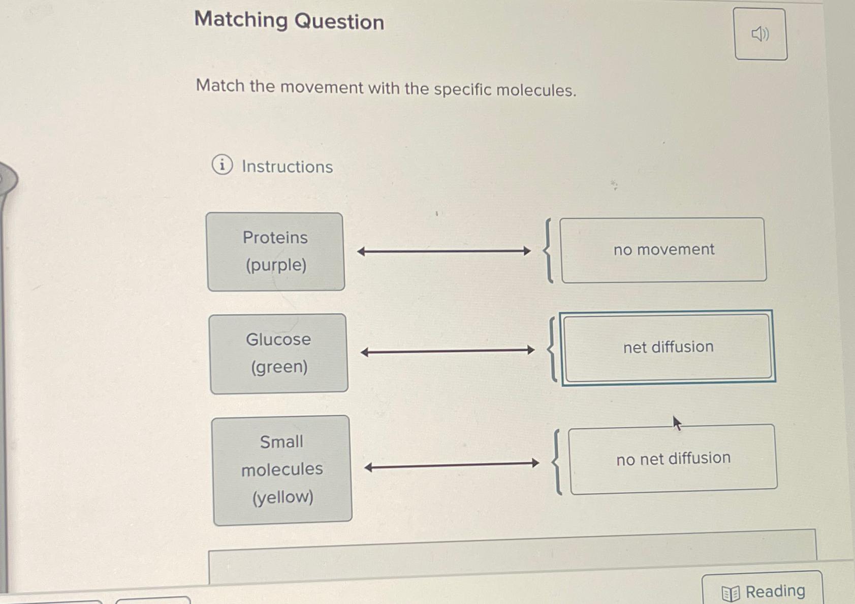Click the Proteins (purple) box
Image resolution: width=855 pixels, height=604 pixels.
(275, 251)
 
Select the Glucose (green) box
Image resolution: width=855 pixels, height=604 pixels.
(278, 353)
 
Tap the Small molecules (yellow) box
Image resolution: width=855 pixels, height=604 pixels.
(282, 470)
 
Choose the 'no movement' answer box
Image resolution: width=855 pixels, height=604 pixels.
(663, 249)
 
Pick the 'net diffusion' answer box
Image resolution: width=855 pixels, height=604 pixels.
(668, 347)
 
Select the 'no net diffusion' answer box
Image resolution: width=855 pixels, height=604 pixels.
(673, 459)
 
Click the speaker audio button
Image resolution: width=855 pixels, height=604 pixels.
(761, 34)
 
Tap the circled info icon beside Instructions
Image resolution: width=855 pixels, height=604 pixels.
(222, 165)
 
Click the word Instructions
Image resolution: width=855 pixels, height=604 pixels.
(287, 167)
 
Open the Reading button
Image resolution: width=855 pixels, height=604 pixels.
(763, 591)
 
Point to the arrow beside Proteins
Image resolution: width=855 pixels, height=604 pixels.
(444, 251)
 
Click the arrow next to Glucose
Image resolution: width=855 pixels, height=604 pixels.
(448, 351)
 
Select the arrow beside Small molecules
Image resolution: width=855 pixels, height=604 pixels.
(452, 465)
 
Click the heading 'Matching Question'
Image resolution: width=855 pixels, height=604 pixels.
(289, 21)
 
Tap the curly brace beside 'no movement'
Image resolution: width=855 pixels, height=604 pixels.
(549, 250)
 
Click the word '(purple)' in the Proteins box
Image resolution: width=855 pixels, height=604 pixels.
(276, 265)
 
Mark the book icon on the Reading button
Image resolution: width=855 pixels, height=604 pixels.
(731, 593)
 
